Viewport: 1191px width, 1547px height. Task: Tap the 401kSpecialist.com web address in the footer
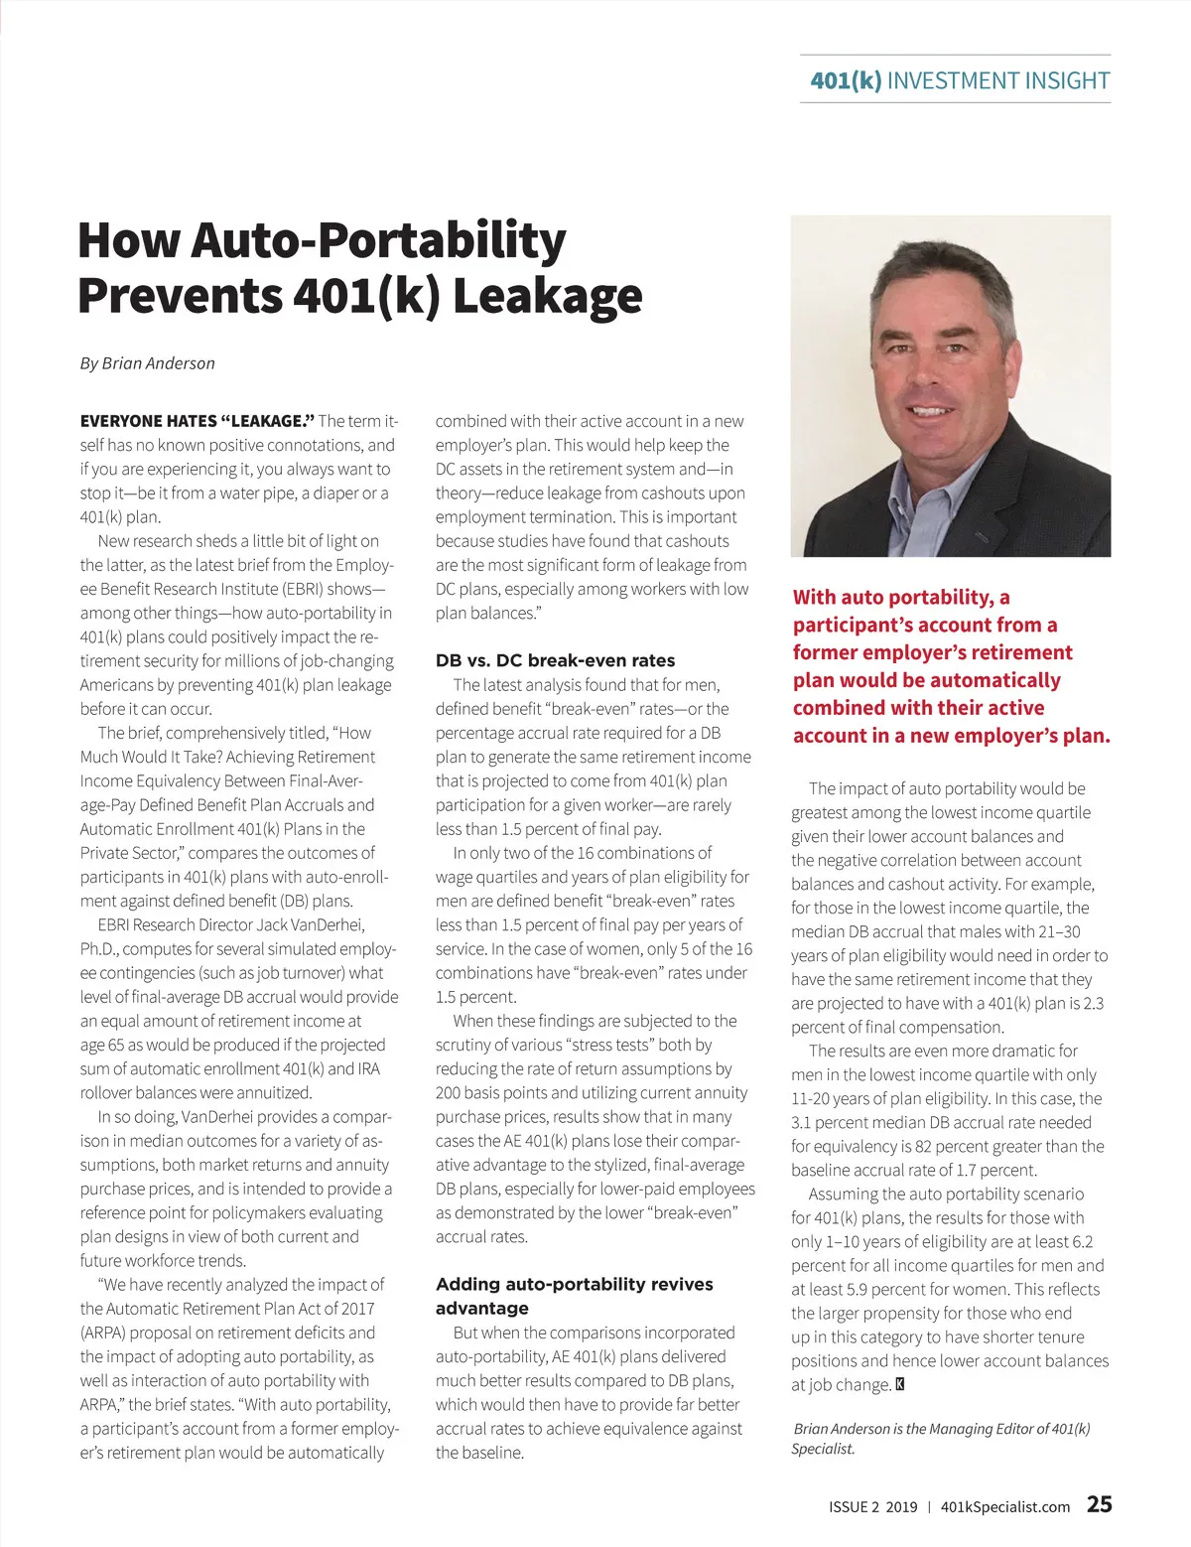pyautogui.click(x=1004, y=1506)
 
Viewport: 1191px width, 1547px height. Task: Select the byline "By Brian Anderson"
pyautogui.click(x=147, y=363)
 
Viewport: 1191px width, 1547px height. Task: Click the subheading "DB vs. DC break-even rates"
pyautogui.click(x=555, y=660)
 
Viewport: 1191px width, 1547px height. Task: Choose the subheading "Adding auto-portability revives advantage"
pyautogui.click(x=574, y=1296)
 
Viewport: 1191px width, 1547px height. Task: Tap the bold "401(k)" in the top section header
pyautogui.click(x=846, y=80)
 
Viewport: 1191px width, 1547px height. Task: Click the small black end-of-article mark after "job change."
pyautogui.click(x=900, y=1384)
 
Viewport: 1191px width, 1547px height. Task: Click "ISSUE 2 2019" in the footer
pyautogui.click(x=872, y=1506)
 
